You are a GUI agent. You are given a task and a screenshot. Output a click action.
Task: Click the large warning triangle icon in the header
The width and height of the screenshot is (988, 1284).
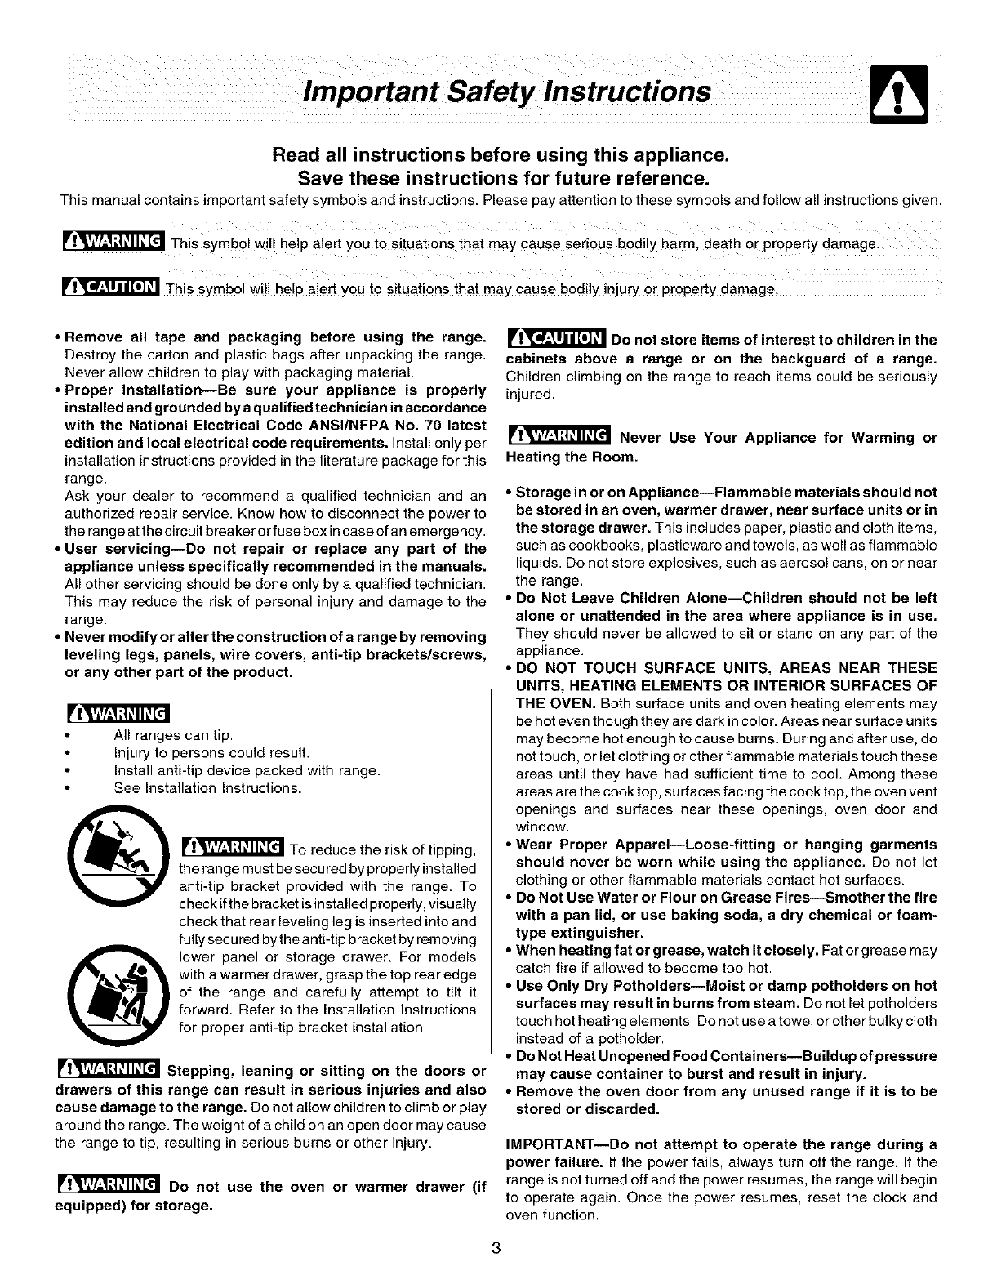(898, 95)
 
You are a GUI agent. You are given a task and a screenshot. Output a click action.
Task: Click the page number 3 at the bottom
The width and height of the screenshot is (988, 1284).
(495, 1248)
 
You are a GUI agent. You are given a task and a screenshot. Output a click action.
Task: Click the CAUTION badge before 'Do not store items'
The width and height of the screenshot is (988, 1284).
(555, 339)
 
